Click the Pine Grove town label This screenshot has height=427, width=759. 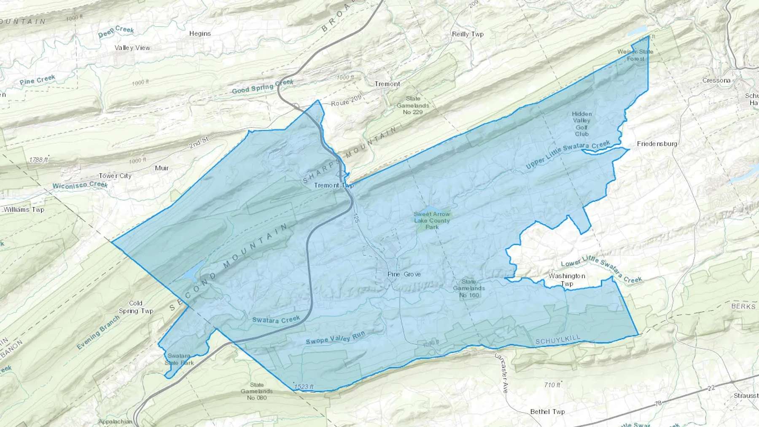(404, 274)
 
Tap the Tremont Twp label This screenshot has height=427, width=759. (334, 185)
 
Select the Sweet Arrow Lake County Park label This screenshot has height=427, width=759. (432, 220)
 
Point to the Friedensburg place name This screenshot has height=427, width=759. (657, 144)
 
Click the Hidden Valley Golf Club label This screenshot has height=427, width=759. (581, 124)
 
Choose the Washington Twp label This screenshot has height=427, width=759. (567, 280)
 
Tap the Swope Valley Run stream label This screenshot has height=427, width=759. (335, 338)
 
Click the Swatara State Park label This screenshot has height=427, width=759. (179, 359)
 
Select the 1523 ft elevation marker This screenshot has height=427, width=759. (304, 387)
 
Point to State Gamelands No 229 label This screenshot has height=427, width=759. (412, 105)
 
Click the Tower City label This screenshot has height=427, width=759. (115, 176)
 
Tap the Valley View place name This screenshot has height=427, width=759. (132, 48)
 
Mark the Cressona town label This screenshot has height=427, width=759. (716, 81)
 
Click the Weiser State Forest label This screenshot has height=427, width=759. (635, 55)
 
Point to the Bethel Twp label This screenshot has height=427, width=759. (547, 412)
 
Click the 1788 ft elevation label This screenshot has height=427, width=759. (39, 160)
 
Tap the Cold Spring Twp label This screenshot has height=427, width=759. (136, 307)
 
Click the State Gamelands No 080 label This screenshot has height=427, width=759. (256, 391)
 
